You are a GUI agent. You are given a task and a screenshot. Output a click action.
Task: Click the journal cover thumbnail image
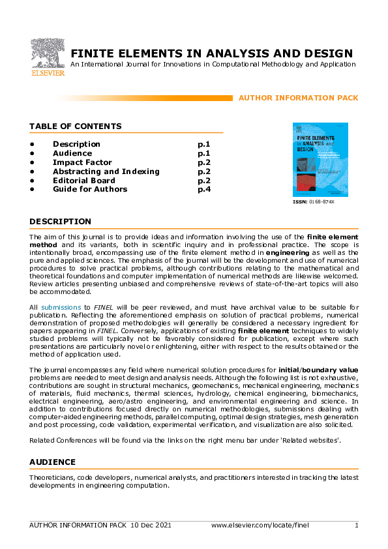[320, 160]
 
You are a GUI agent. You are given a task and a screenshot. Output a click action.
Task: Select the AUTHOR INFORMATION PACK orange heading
[298, 98]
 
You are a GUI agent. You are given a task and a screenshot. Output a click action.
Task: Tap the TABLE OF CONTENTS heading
[75, 126]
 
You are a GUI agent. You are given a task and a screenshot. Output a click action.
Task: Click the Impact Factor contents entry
[82, 162]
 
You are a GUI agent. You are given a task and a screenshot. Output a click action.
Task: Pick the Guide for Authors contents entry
[90, 190]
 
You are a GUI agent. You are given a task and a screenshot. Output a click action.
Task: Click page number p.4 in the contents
[203, 190]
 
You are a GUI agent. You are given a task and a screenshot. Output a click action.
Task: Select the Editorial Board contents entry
[83, 181]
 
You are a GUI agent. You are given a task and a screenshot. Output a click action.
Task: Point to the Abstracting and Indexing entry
[106, 171]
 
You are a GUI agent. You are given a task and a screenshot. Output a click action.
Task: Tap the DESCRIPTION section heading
[60, 222]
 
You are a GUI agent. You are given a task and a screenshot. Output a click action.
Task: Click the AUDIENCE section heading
[52, 462]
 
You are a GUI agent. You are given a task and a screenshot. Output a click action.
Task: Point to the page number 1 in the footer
[356, 526]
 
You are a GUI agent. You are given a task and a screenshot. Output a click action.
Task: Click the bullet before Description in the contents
[31, 144]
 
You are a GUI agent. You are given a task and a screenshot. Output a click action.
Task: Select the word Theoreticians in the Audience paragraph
[52, 478]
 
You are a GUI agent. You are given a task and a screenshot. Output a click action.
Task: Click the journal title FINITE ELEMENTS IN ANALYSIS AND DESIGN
[211, 53]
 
